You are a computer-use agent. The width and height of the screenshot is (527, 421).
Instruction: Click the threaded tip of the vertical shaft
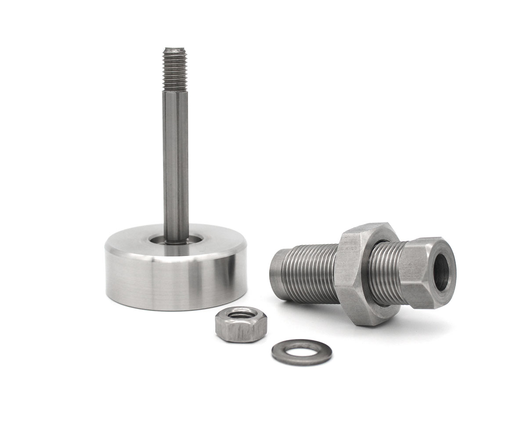[175, 70]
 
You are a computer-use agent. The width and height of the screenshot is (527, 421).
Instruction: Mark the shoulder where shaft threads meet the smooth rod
[175, 91]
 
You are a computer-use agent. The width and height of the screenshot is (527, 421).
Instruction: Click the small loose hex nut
[241, 325]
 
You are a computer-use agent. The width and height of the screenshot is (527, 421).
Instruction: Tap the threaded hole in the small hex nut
[241, 314]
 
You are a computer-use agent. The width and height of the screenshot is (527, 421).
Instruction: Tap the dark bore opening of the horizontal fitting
[441, 272]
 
